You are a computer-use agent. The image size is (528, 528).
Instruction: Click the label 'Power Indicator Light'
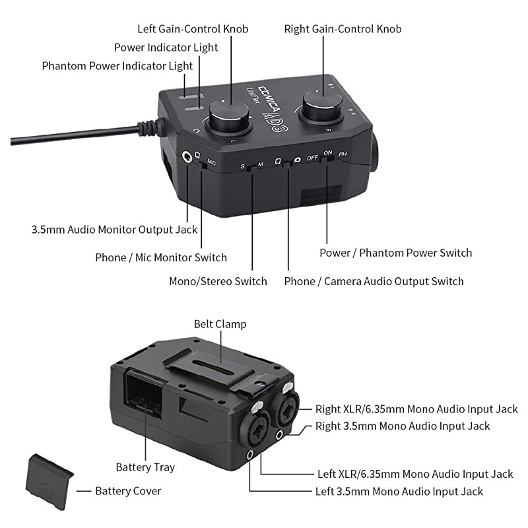pos(166,48)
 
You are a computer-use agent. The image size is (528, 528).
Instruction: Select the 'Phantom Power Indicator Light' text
pos(117,66)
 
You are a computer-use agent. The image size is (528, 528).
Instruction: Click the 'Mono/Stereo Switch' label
pos(218,281)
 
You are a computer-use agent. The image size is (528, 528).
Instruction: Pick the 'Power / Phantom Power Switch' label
pos(395,253)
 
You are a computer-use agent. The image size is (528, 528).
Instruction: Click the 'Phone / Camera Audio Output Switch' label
pos(374,281)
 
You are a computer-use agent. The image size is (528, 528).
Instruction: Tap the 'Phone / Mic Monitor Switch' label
pos(161,257)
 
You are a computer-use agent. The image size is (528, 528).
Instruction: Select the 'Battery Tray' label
pos(145,467)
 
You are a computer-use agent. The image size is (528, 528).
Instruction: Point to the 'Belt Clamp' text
pos(220,324)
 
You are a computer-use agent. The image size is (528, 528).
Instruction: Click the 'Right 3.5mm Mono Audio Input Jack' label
pos(403,426)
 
